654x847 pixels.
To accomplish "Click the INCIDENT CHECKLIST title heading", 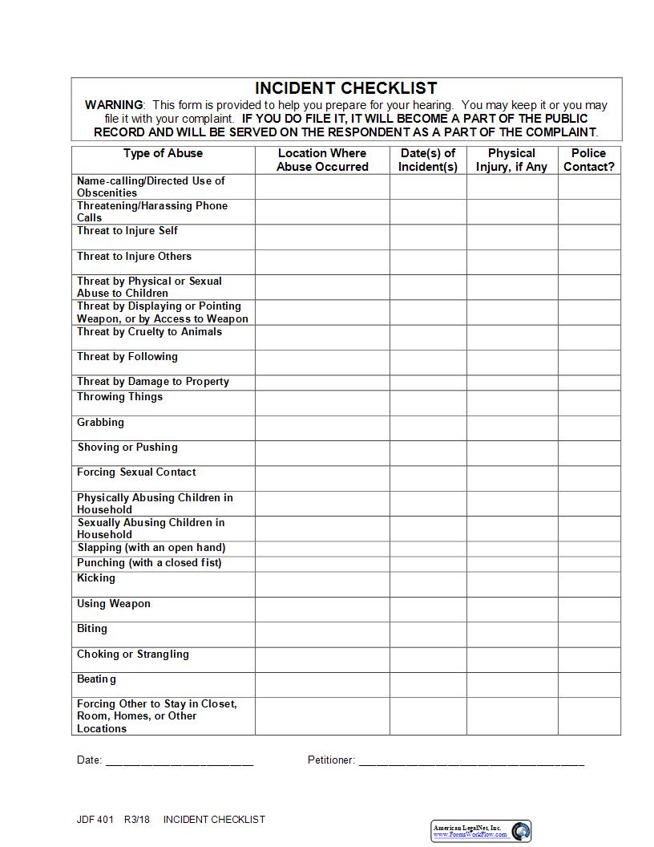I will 346,88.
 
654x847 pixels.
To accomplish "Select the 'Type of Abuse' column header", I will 163,153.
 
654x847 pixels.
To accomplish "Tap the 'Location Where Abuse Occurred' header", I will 322,160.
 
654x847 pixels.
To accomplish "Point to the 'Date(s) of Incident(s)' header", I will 428,160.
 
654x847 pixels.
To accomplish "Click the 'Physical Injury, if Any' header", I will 511,160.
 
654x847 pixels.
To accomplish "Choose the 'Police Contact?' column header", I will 589,160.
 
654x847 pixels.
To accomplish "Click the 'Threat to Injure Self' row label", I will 127,231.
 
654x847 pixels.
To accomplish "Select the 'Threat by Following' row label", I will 127,357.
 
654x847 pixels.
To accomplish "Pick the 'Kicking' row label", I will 96,578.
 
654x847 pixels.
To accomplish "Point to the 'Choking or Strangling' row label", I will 133,654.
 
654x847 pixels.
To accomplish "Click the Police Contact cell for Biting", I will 589,634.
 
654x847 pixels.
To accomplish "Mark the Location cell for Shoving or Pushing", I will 322,453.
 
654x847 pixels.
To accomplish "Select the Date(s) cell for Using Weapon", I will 428,610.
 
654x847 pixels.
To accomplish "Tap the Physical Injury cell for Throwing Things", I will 511,403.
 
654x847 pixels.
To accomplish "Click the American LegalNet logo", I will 481,831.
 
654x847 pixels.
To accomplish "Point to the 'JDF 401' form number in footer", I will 95,820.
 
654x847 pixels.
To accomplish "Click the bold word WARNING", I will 114,105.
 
